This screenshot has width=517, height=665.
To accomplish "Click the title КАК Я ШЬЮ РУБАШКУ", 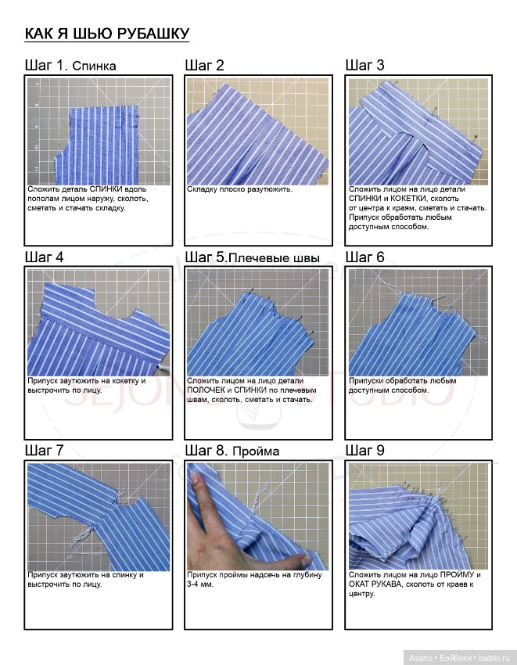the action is pos(106,34).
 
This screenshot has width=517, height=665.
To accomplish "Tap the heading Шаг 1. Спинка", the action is pos(70,65).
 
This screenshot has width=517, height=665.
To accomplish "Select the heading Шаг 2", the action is pos(204,65).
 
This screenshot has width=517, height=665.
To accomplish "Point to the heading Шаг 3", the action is pos(364,65).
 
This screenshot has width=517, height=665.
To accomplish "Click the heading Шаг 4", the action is pos(44,257).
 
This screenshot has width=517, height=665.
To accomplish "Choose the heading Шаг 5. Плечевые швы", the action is pos(253,257).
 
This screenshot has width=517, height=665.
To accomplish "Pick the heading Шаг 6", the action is pos(364,257).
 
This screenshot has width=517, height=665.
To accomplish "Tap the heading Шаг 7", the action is pos(44,450).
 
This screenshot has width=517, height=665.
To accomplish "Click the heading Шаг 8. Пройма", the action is pos(232,451).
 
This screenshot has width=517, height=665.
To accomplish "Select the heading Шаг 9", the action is pos(364,450).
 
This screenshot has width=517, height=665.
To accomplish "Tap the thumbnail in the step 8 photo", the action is pos(306,560).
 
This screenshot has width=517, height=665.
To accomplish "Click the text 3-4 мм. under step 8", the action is pos(200,584).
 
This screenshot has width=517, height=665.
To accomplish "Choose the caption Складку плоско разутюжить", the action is pos(239,189).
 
